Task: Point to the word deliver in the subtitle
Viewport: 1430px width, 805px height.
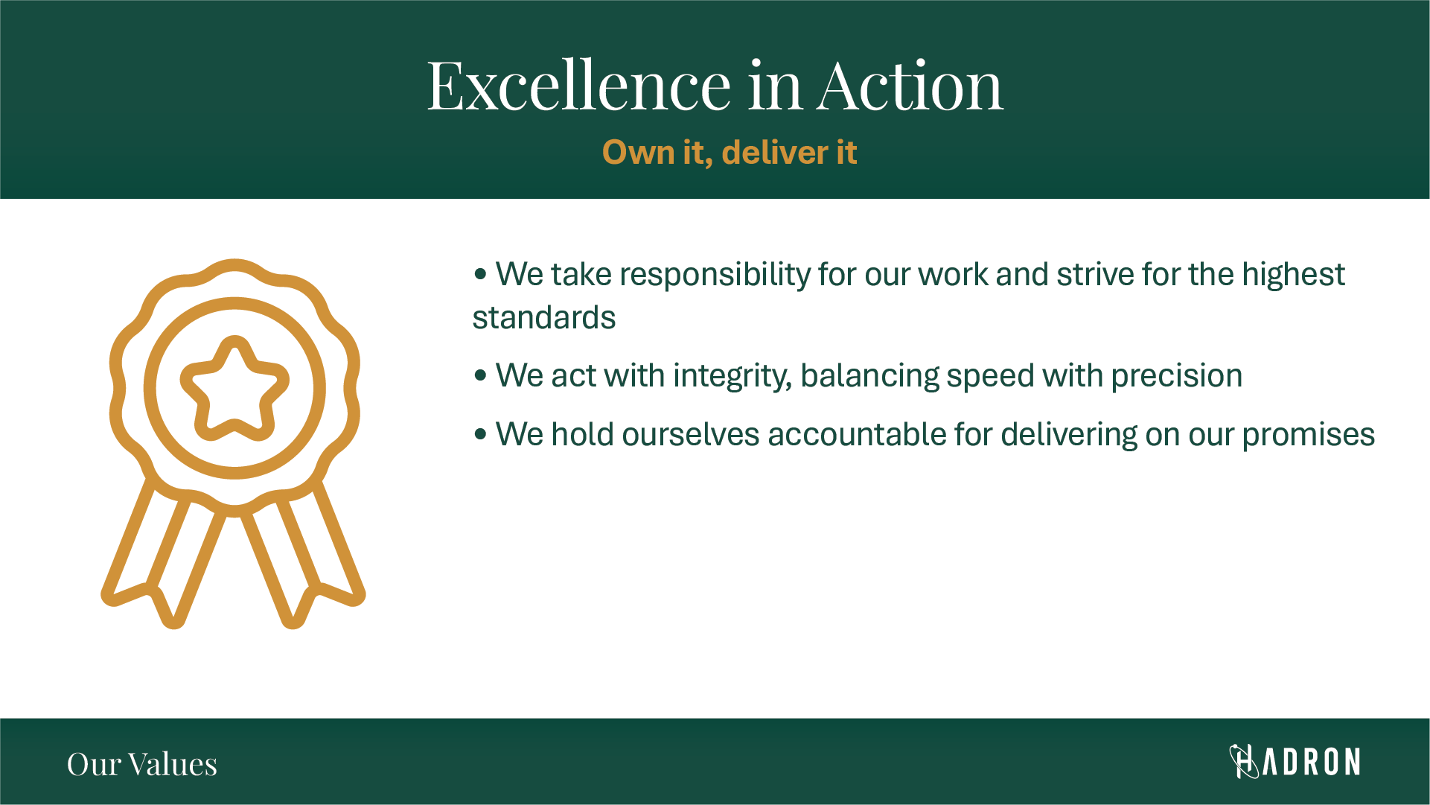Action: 775,153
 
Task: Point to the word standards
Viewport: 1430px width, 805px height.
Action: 544,318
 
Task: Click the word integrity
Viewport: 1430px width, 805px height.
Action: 732,377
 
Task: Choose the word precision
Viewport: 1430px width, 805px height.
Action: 1177,377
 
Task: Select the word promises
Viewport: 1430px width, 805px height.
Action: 1309,436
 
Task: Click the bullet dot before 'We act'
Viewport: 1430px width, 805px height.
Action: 480,376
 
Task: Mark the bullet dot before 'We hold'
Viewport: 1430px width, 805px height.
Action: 480,434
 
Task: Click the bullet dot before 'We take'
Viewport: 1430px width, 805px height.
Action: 480,275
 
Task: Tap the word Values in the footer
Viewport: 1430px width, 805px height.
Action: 172,765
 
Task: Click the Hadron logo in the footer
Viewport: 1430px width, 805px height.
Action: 1295,762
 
